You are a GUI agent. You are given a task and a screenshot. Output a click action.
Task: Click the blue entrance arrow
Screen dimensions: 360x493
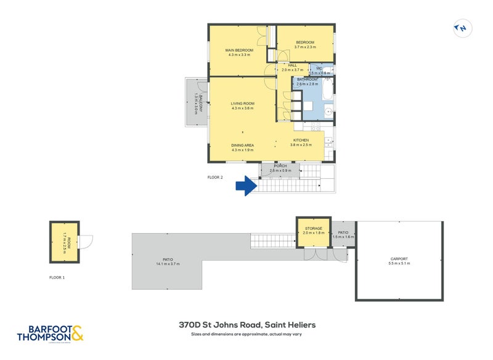(x=248, y=186)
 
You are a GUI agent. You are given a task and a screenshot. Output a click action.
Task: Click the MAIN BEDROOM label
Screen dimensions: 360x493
(x=238, y=51)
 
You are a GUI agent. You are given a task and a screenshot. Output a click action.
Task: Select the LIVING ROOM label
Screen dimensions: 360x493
(x=243, y=104)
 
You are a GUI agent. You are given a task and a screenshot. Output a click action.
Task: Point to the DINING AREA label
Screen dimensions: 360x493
(x=242, y=145)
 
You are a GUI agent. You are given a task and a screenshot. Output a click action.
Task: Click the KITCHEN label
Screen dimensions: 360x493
(x=300, y=141)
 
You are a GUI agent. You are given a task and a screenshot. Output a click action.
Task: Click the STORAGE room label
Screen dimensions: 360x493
(x=314, y=228)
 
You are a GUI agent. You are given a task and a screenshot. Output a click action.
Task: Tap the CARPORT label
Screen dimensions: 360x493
(x=399, y=259)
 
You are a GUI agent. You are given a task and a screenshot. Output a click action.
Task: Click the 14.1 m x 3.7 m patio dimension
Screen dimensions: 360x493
(x=166, y=264)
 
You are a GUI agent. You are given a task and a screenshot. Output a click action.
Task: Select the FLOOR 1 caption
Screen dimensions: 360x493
(x=57, y=277)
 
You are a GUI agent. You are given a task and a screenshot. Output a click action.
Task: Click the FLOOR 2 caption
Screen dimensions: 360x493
(x=214, y=177)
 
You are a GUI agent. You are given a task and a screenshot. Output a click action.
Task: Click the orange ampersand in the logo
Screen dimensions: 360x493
(x=76, y=333)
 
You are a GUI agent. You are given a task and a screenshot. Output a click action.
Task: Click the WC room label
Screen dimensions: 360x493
(x=319, y=68)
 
